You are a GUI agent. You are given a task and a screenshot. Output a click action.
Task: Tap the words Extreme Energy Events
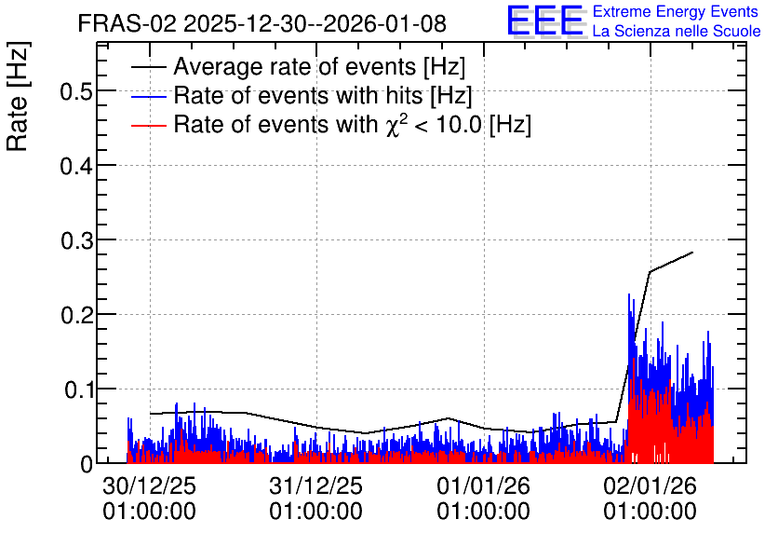[x=676, y=11]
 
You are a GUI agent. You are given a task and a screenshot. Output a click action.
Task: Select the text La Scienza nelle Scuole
[x=677, y=31]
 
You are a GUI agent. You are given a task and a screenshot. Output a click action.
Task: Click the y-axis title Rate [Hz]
[x=18, y=96]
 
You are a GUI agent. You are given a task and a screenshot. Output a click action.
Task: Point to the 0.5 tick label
[x=77, y=90]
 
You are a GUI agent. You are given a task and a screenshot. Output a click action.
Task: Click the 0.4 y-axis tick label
[x=77, y=166]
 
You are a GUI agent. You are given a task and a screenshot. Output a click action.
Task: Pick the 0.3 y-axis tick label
[x=77, y=239]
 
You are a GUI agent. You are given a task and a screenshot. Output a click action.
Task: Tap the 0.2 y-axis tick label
[x=77, y=314]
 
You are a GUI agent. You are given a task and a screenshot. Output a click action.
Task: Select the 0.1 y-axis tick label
[x=78, y=389]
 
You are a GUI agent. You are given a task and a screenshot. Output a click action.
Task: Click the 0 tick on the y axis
[x=87, y=464]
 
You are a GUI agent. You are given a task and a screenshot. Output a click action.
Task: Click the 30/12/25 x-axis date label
[x=149, y=485]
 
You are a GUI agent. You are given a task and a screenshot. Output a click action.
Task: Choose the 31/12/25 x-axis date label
[x=316, y=485]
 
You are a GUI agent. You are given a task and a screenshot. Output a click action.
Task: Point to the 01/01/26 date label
[x=483, y=485]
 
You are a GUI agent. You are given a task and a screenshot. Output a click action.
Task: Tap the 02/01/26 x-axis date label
[x=650, y=485]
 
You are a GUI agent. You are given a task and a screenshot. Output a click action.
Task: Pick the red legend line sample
[x=149, y=126]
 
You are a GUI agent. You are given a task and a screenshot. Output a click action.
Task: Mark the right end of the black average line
[x=692, y=253]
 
